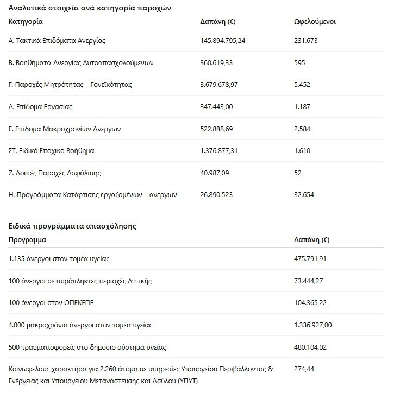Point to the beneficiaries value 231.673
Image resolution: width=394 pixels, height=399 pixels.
(305, 41)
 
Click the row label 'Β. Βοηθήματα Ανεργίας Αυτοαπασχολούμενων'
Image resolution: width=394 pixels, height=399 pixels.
(81, 62)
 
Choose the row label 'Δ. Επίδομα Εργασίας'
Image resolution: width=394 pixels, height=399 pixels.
(41, 106)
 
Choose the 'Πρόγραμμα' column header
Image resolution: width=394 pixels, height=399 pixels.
(28, 239)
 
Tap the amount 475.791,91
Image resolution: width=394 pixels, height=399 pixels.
(310, 259)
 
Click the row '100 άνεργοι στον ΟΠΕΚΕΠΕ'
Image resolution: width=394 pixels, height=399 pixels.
(47, 302)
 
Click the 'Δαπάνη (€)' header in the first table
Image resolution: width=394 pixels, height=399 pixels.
(218, 22)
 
